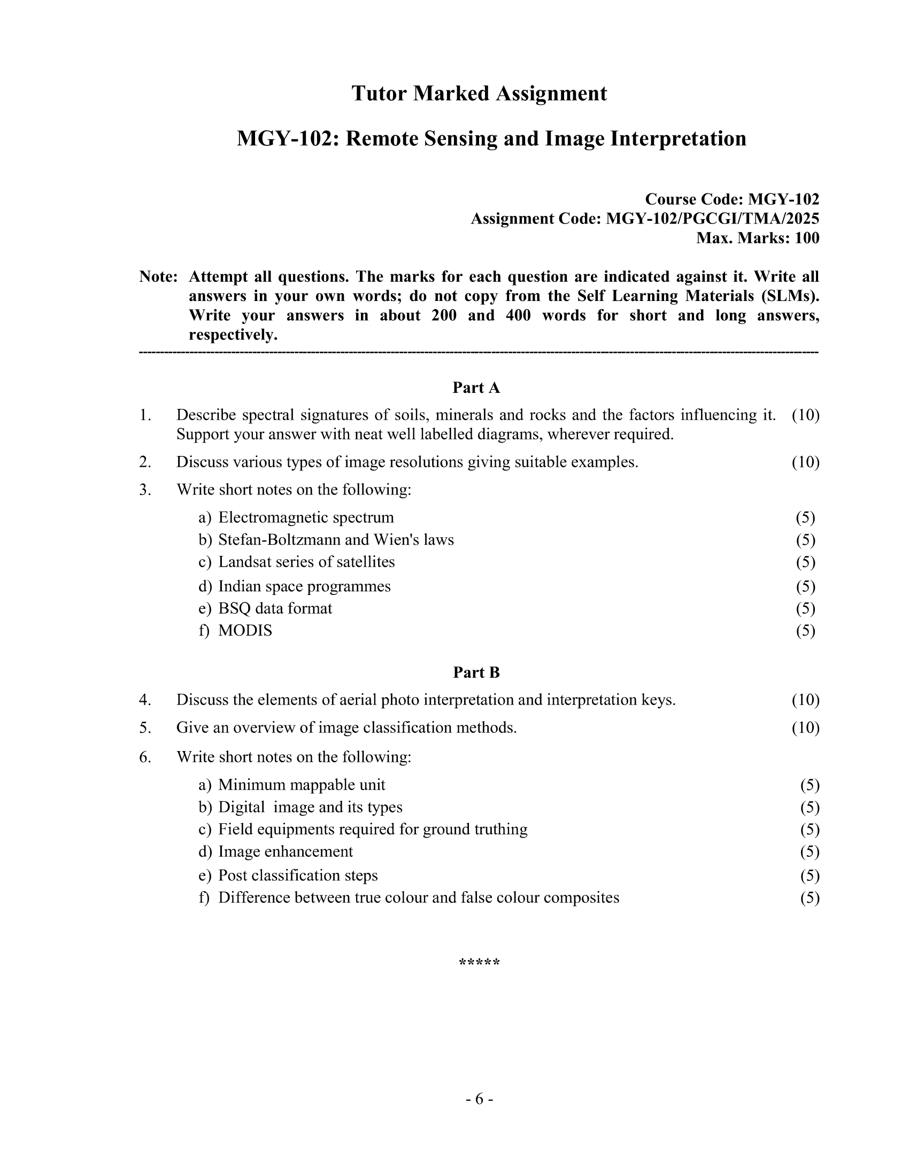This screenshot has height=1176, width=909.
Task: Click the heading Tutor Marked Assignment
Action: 479,94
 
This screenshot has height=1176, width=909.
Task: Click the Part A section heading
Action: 476,388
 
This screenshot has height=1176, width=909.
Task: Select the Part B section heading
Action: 476,672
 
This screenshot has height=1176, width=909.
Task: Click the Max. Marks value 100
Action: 807,238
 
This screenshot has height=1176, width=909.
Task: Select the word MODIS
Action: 245,631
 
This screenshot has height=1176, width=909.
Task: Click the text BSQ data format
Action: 275,608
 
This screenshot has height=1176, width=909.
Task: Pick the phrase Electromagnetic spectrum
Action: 306,517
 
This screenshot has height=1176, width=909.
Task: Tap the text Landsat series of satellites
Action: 306,562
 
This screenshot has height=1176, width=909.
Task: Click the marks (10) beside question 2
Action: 805,462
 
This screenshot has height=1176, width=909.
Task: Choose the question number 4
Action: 144,700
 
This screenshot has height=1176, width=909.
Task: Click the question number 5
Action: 144,728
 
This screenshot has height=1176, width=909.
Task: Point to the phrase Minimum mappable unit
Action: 302,785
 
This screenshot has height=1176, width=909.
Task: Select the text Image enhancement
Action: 286,852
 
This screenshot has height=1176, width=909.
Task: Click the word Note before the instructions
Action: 158,277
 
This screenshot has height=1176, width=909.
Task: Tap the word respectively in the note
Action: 233,335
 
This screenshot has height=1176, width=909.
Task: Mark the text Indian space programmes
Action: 304,586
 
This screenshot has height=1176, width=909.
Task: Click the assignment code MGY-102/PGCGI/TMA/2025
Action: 712,219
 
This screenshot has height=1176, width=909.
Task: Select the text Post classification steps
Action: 298,876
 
